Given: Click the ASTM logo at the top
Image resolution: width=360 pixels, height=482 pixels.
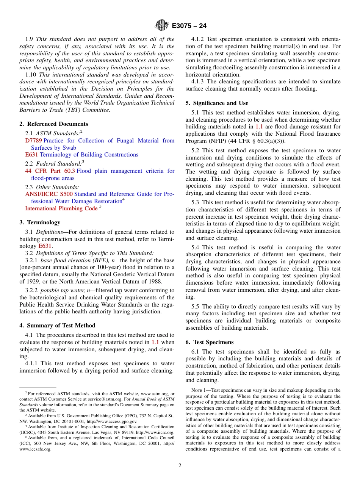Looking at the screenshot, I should coord(162,26).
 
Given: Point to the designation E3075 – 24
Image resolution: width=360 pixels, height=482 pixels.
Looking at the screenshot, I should coord(189,26).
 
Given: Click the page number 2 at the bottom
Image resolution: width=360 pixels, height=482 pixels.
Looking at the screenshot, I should coord(180,466).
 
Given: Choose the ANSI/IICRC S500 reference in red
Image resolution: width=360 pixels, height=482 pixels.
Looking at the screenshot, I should coord(49,194).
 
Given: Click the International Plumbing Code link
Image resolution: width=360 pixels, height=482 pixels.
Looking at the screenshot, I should coord(61,208).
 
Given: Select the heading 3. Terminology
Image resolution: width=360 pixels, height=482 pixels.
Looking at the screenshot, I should coord(40,222).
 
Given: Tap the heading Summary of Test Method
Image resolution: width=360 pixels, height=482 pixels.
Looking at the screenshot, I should coord(61,326).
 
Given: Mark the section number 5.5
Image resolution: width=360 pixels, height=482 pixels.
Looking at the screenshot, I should coord(196,307).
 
